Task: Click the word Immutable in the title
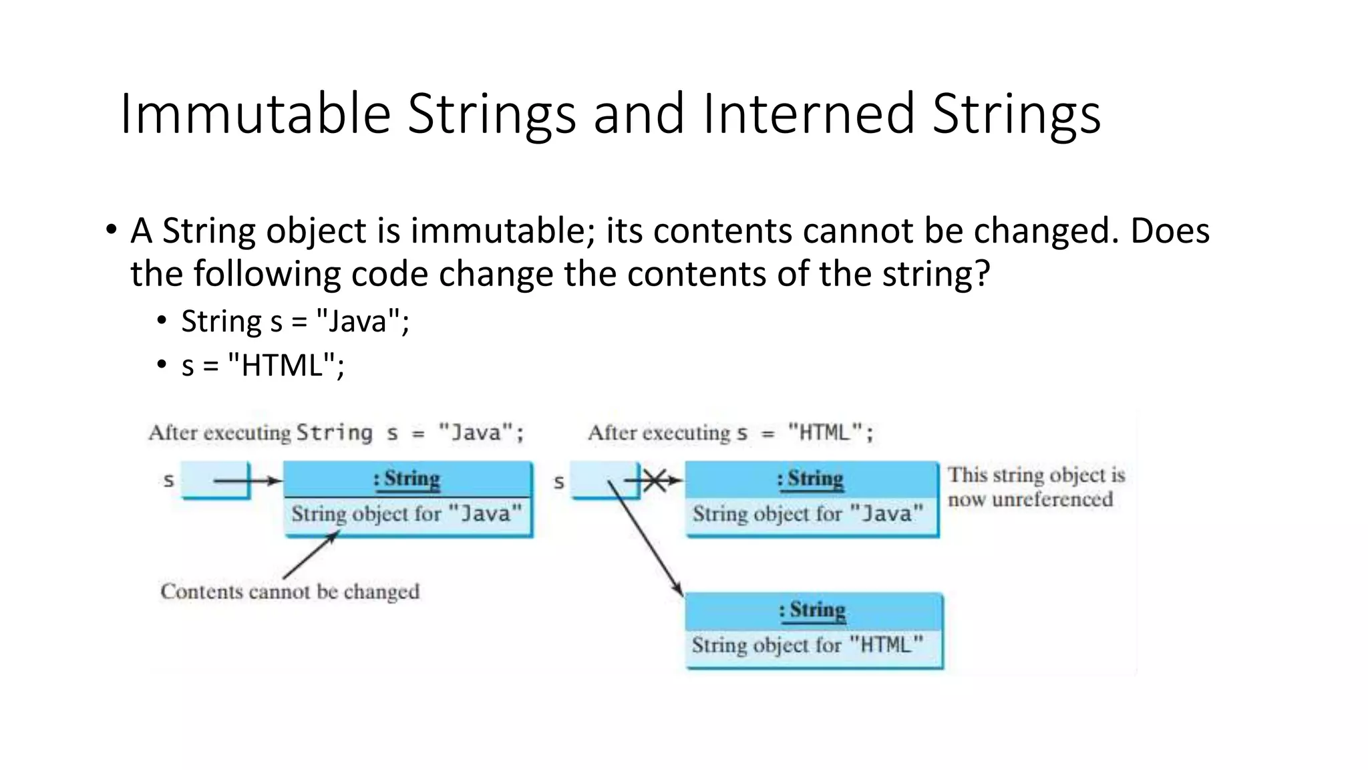(x=255, y=114)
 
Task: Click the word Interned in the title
(x=808, y=114)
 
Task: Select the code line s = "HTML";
(x=263, y=366)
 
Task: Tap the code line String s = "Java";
(x=295, y=322)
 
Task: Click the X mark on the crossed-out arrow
(x=655, y=480)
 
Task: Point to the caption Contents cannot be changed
(x=290, y=592)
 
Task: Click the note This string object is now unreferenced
(x=1035, y=487)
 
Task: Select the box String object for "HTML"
(x=808, y=646)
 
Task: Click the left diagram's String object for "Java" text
(x=406, y=514)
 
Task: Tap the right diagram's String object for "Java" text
(x=808, y=514)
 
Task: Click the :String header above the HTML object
(x=812, y=610)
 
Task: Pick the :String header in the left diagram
(x=407, y=479)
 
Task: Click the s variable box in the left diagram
(x=215, y=480)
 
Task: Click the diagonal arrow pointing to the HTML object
(x=646, y=539)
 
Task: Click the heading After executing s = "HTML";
(x=730, y=433)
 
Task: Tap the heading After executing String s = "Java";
(x=337, y=433)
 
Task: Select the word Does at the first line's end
(x=1170, y=231)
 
